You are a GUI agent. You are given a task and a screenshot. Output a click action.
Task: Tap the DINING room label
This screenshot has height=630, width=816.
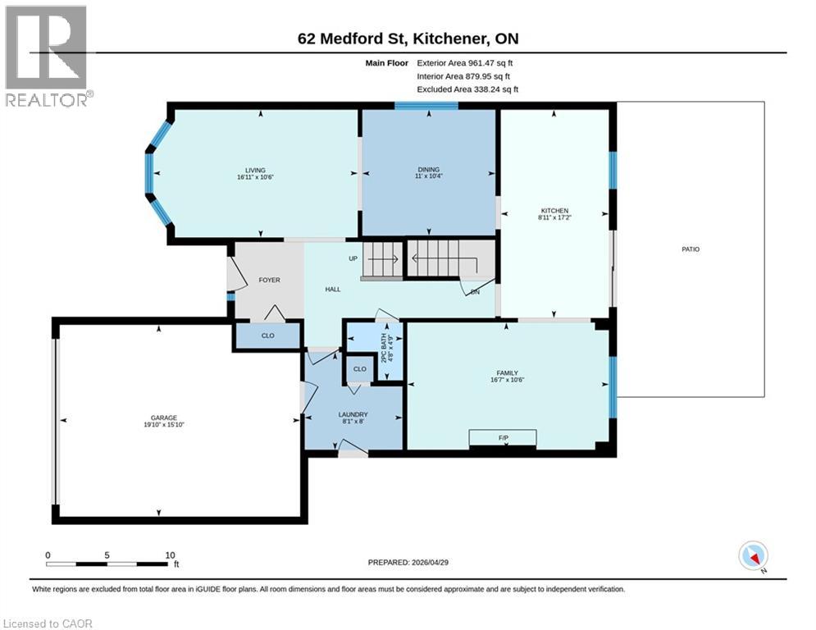(x=429, y=171)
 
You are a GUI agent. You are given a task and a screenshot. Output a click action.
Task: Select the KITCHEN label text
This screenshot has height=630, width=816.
(x=554, y=210)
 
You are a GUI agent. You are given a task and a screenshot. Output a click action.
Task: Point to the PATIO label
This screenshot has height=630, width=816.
(x=691, y=249)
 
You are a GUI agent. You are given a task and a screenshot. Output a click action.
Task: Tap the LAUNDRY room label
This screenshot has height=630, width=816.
(x=353, y=414)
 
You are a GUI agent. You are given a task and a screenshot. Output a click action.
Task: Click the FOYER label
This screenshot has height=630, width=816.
(x=269, y=281)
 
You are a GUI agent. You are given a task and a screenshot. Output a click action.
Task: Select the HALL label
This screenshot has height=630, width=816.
(x=332, y=289)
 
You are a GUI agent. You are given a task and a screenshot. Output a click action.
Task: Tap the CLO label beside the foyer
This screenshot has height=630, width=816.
(x=267, y=336)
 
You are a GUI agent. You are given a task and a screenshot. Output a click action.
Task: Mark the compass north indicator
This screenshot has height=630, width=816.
(x=752, y=557)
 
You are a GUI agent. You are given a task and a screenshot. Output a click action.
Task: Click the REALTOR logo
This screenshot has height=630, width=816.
(x=48, y=56)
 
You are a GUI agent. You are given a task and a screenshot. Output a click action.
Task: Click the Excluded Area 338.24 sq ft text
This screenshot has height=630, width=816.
(x=467, y=89)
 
